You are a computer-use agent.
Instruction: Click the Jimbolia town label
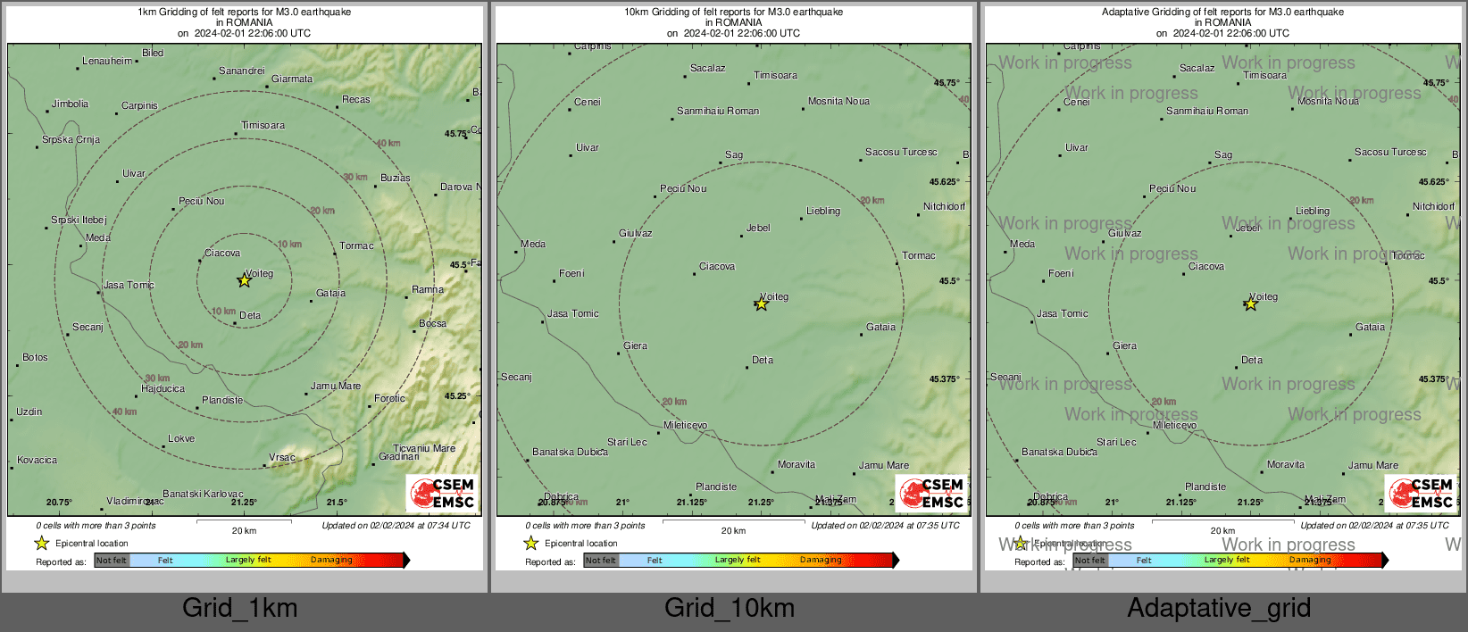pyautogui.click(x=70, y=104)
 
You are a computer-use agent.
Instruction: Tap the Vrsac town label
pyautogui.click(x=282, y=457)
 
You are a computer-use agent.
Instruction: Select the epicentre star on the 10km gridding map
pyautogui.click(x=761, y=304)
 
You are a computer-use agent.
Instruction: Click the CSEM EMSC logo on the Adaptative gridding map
pyautogui.click(x=1421, y=493)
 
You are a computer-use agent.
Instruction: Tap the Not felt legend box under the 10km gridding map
pyautogui.click(x=601, y=561)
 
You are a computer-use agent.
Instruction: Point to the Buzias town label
pyautogui.click(x=396, y=178)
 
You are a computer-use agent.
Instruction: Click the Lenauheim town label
pyautogui.click(x=107, y=61)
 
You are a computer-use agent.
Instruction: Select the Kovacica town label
pyautogui.click(x=38, y=460)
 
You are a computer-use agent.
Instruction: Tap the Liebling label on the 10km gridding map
pyautogui.click(x=823, y=212)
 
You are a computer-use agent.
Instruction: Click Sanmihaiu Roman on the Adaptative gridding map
pyautogui.click(x=1207, y=111)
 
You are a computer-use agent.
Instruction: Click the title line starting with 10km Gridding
pyautogui.click(x=733, y=12)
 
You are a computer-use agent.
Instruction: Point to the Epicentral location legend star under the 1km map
pyautogui.click(x=41, y=543)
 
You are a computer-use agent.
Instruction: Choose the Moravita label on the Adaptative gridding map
pyautogui.click(x=1286, y=464)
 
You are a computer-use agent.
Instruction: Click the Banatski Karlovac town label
pyautogui.click(x=203, y=494)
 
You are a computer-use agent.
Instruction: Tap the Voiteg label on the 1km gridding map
pyautogui.click(x=259, y=273)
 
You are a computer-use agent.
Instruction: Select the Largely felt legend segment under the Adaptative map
pyautogui.click(x=1227, y=561)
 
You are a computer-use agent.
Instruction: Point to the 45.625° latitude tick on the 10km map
pyautogui.click(x=944, y=181)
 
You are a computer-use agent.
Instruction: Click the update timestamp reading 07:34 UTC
pyautogui.click(x=396, y=525)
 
